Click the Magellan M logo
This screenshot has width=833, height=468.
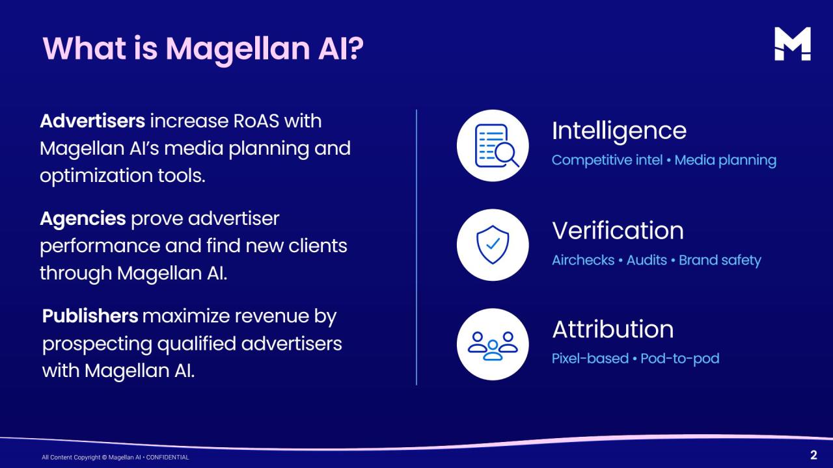[x=793, y=44]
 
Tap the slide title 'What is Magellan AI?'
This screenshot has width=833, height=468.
[x=203, y=49]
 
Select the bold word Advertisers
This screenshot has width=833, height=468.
[x=92, y=121]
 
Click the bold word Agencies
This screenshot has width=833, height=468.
[x=83, y=219]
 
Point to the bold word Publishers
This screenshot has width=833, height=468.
[x=90, y=316]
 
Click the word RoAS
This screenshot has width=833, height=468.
[x=256, y=121]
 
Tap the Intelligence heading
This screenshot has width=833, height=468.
[x=619, y=131]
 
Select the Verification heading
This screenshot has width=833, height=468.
[x=618, y=231]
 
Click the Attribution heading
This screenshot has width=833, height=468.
[x=613, y=330]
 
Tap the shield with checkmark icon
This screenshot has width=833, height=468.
[x=493, y=245]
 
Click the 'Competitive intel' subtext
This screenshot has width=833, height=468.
[x=607, y=161]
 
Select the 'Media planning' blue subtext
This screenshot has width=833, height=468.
[x=725, y=161]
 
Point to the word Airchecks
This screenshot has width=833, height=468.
[x=583, y=260]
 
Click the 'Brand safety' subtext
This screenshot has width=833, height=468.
[x=720, y=261]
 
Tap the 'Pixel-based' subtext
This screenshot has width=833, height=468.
[x=590, y=358]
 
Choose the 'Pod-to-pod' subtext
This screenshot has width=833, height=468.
[x=680, y=358]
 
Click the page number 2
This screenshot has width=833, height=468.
[x=813, y=455]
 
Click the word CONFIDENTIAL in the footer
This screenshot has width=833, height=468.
[x=167, y=457]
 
